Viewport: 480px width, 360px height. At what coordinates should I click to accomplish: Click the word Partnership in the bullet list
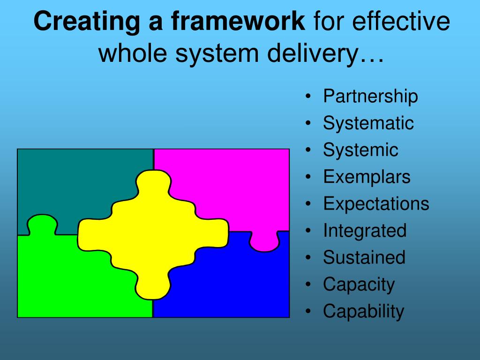click(x=370, y=97)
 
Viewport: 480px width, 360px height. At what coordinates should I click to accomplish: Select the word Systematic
click(x=368, y=124)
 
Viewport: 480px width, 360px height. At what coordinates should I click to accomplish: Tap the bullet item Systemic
click(x=360, y=150)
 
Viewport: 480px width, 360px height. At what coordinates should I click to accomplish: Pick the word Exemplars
click(x=366, y=177)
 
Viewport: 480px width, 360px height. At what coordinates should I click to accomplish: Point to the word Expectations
click(x=375, y=204)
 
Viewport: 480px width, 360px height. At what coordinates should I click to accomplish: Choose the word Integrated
click(x=364, y=231)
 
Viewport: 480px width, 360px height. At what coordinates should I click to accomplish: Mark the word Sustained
click(x=364, y=257)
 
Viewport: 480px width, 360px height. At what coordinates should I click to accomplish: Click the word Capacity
click(x=359, y=284)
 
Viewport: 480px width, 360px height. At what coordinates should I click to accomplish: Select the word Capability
click(x=363, y=311)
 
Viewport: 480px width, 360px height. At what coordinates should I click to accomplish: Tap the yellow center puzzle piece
click(x=152, y=232)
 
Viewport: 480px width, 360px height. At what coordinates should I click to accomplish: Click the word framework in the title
click(x=238, y=22)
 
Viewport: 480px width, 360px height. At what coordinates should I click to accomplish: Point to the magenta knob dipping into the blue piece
click(x=263, y=241)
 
